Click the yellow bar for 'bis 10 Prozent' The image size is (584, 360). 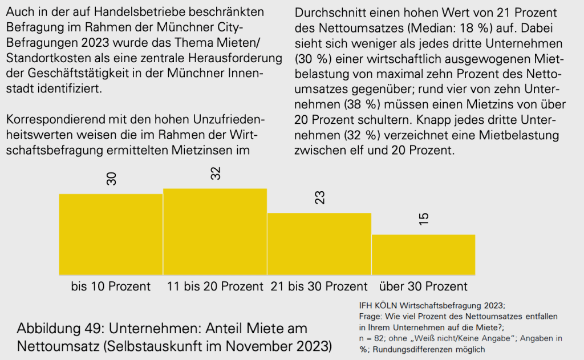tap(111, 234)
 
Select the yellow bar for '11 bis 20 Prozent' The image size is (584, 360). tap(215, 231)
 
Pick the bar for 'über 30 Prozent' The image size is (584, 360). tap(423, 254)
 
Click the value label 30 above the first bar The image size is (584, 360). tap(112, 179)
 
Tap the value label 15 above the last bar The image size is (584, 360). tap(424, 219)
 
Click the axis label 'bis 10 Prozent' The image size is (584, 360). tap(111, 286)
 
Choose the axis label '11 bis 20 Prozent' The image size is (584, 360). tap(215, 286)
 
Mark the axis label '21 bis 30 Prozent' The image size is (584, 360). tap(319, 286)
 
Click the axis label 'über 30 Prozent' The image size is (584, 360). tap(423, 286)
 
